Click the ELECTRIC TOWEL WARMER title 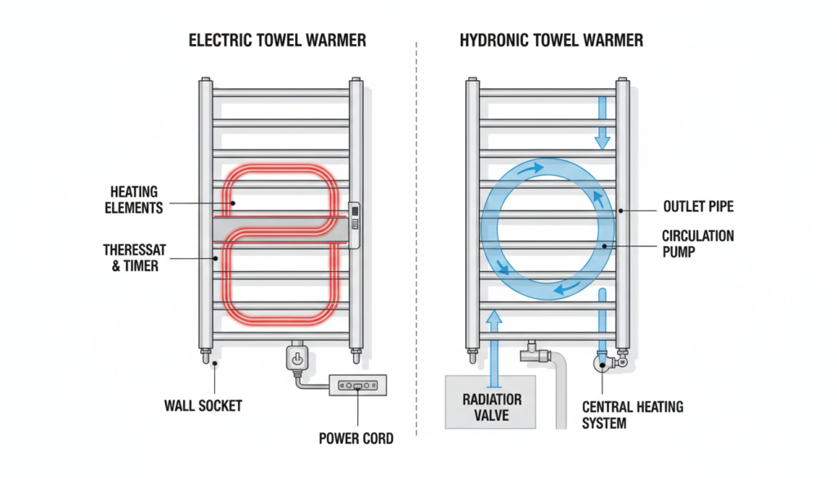[277, 40]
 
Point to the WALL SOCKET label [203, 404]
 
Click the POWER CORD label [356, 439]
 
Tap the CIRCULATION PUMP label [697, 244]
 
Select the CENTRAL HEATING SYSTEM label [632, 414]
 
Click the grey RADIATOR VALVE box [490, 402]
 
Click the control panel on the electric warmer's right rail [354, 223]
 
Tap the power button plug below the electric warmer [296, 358]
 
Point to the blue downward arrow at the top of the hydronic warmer [602, 123]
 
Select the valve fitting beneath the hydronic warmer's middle [532, 353]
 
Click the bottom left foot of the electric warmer [205, 355]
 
